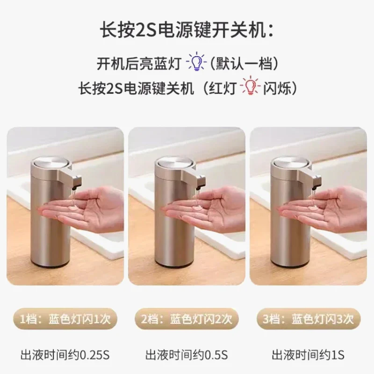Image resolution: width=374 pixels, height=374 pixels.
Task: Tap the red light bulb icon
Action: click(250, 85)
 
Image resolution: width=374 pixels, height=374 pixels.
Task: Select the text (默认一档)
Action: click(244, 64)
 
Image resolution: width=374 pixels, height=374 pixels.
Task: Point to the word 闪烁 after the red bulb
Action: click(277, 88)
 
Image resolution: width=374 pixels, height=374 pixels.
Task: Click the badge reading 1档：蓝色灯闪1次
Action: click(65, 319)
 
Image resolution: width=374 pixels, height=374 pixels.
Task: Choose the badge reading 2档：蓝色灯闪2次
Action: click(187, 319)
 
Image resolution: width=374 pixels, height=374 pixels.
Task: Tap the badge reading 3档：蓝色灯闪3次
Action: click(308, 319)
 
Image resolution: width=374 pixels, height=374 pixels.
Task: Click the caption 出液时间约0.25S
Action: click(65, 355)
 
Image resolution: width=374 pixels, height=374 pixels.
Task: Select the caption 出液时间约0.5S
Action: click(187, 355)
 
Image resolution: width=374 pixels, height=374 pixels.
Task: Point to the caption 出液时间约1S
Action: click(308, 355)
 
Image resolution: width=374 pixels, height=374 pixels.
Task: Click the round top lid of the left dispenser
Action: click(51, 163)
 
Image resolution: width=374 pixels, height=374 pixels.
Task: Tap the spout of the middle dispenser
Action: click(201, 182)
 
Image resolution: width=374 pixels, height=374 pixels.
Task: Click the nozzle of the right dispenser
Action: click(316, 182)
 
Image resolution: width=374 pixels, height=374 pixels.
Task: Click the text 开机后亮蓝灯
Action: click(138, 64)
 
